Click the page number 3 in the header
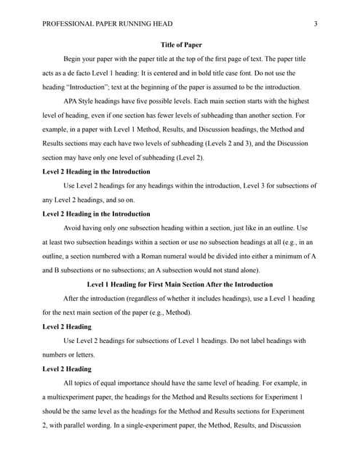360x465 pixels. pos(315,23)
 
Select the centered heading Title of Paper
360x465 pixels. pos(180,44)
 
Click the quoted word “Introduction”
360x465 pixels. pos(89,88)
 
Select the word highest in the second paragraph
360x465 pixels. pos(300,102)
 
